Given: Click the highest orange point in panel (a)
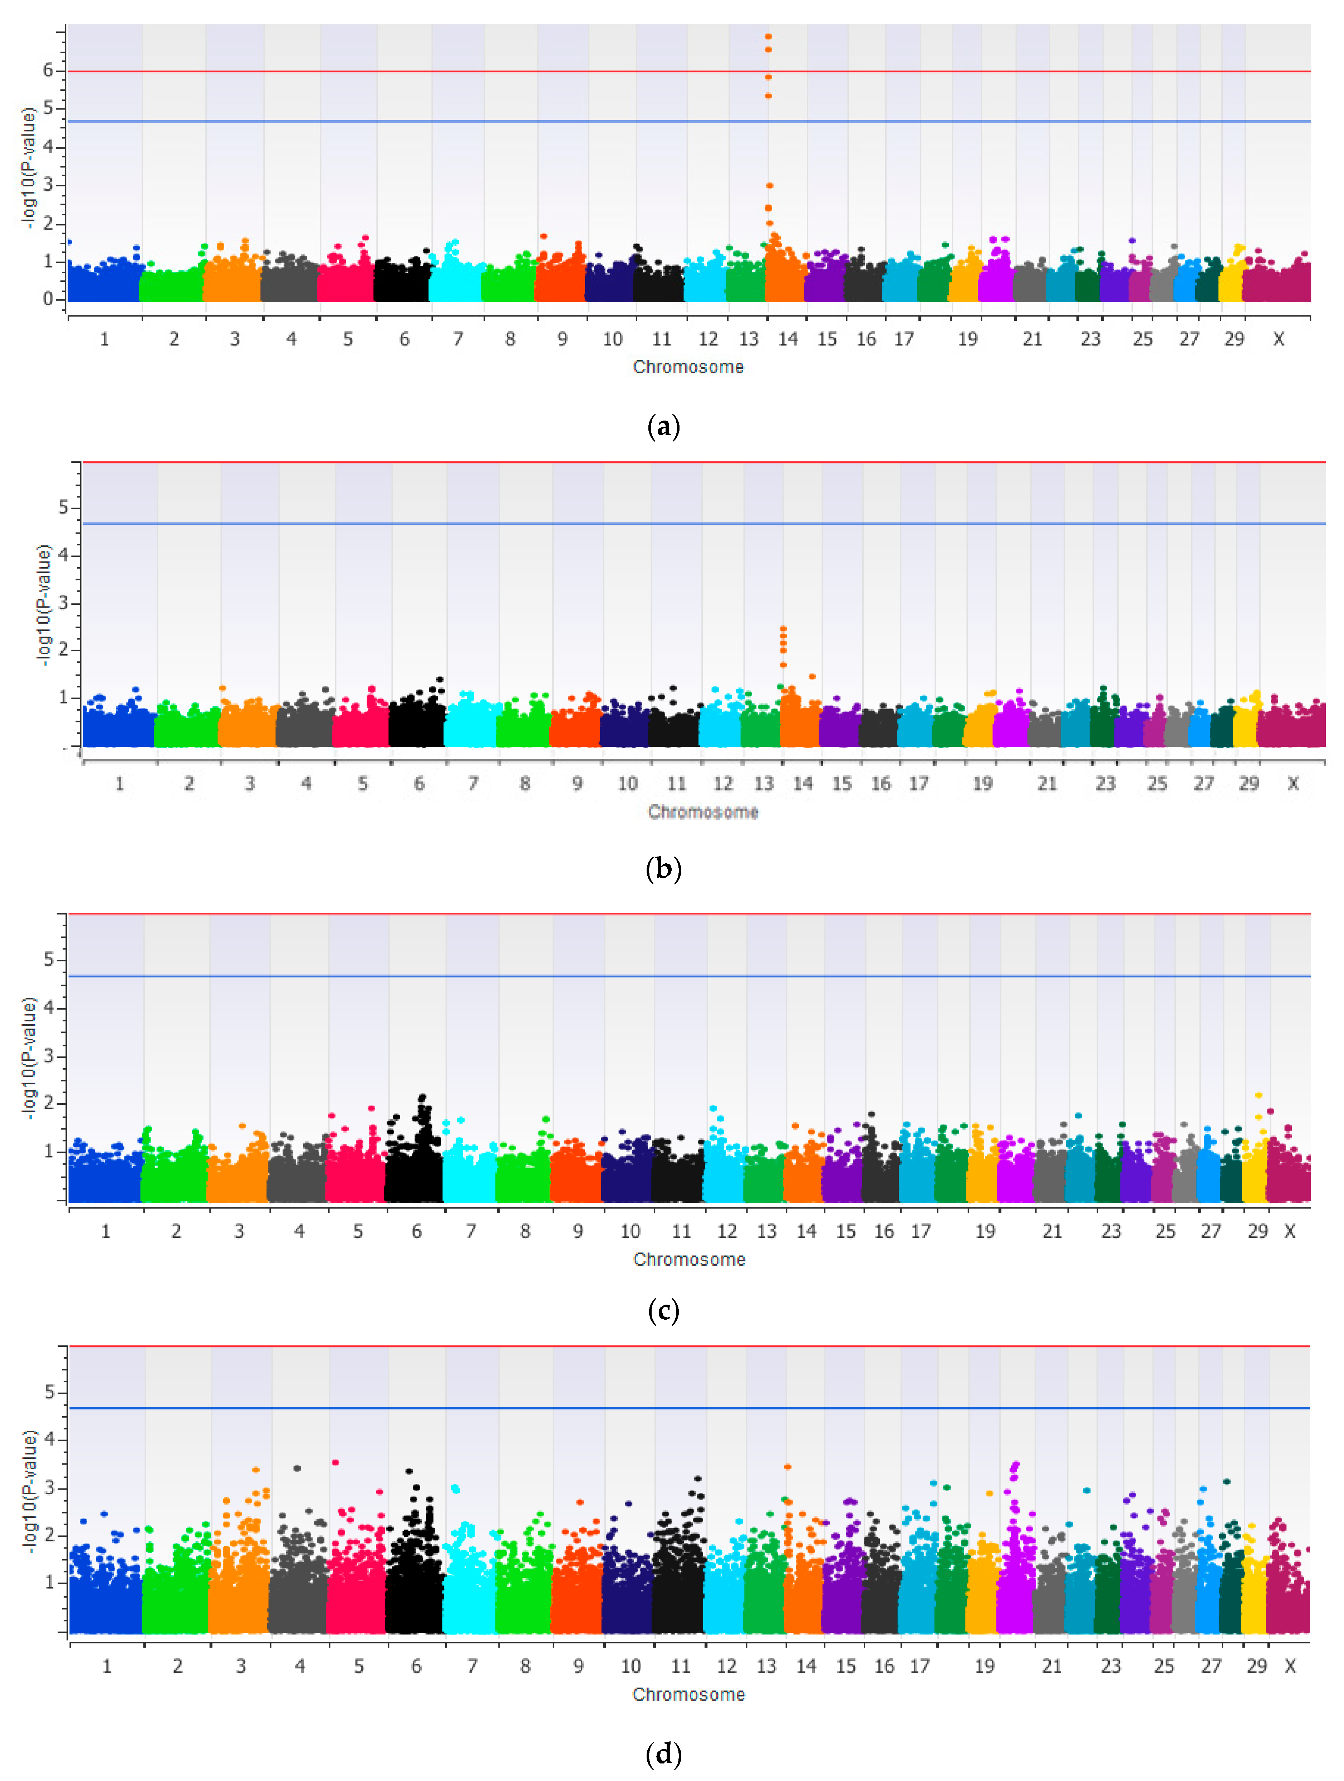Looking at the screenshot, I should point(768,36).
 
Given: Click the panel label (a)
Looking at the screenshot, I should point(663,426).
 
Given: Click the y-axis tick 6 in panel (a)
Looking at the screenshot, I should point(48,71).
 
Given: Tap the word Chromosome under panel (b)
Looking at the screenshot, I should point(703,811).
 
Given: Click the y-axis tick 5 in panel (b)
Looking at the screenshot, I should point(64,507).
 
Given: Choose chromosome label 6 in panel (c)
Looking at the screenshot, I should point(416,1231).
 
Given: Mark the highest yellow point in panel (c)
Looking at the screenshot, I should point(1259,1095).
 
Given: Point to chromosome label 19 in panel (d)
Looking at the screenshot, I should point(985,1666).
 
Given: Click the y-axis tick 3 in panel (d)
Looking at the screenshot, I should point(50,1487).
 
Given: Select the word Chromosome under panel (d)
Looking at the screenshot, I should point(688,1694).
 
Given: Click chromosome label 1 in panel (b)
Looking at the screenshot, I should point(119,784).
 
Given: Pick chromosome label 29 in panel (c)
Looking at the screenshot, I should point(1258,1231).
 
